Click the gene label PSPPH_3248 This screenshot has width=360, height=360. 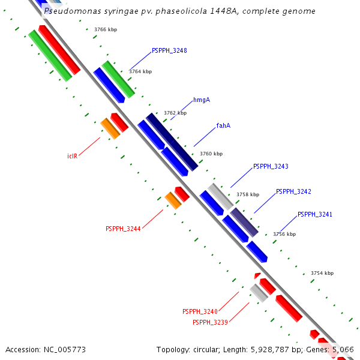(x=169, y=50)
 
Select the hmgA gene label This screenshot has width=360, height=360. (x=202, y=100)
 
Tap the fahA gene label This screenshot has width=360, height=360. (x=223, y=125)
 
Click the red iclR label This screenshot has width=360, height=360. (x=72, y=156)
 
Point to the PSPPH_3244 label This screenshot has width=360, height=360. (x=123, y=229)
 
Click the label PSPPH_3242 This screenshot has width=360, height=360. (x=293, y=191)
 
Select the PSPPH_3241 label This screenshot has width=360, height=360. (x=315, y=214)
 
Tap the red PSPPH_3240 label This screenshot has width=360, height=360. (x=200, y=311)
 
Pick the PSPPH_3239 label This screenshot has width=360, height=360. (x=210, y=322)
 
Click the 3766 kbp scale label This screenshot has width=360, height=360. (x=106, y=29)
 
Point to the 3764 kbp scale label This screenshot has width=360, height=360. (x=140, y=71)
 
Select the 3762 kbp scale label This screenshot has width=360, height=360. (x=175, y=113)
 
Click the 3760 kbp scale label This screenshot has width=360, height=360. (x=211, y=154)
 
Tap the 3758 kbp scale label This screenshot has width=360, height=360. (x=248, y=194)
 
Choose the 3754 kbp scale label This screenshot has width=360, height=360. (x=322, y=273)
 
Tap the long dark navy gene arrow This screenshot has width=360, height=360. (x=172, y=142)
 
